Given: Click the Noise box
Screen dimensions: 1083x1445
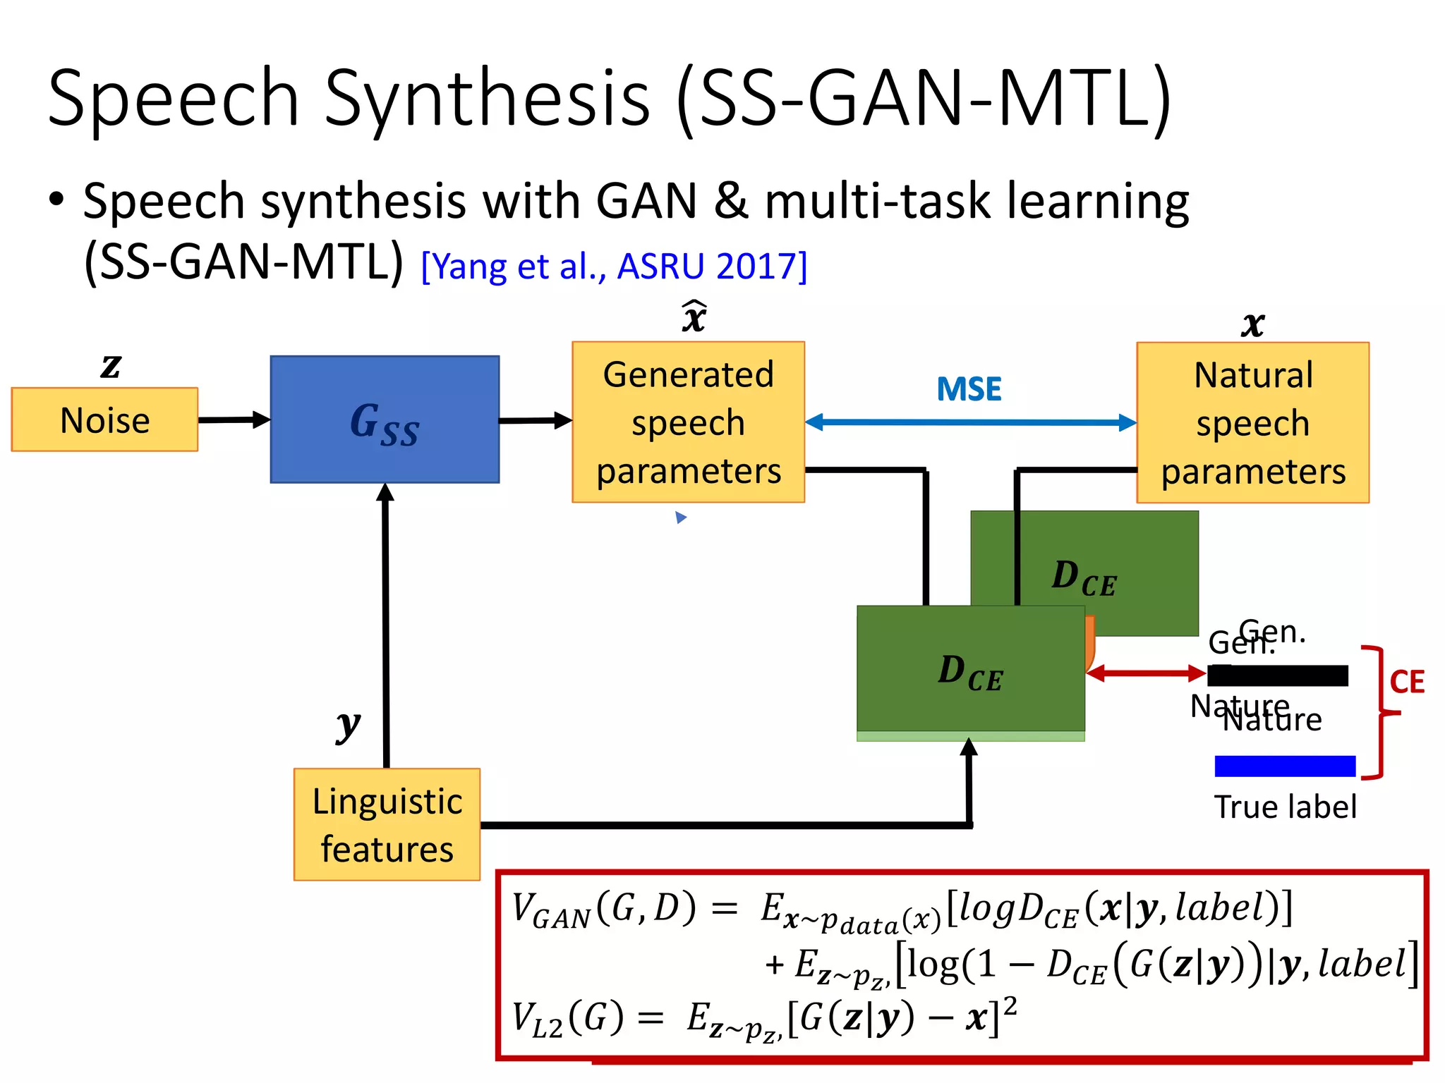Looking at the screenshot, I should click(x=104, y=420).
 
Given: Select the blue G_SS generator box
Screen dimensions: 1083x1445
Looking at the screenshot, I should click(x=385, y=420).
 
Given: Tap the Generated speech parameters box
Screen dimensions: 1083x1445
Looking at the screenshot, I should click(x=688, y=422).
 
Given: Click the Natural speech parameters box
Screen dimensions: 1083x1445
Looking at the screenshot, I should click(x=1252, y=422).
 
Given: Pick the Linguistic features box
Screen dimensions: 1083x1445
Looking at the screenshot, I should click(x=387, y=824).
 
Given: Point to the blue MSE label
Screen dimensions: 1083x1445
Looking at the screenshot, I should click(x=969, y=389).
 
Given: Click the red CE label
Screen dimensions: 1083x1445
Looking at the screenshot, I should click(x=1406, y=682).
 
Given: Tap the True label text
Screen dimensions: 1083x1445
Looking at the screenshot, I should click(x=1285, y=807).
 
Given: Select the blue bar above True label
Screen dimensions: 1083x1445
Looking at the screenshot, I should click(x=1285, y=766).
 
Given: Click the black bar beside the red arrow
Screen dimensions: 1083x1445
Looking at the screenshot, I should click(x=1278, y=675).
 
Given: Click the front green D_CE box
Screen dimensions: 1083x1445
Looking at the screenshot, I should click(x=970, y=670).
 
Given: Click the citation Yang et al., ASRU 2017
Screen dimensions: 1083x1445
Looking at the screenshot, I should click(x=614, y=267).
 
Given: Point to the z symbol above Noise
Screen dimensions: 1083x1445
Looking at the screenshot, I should click(x=111, y=365).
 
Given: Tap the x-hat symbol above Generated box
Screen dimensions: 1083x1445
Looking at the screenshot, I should click(x=694, y=317).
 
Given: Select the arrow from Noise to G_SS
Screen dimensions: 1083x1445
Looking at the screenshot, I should click(x=234, y=420).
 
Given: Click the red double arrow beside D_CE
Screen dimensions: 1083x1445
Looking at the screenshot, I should click(x=1146, y=673).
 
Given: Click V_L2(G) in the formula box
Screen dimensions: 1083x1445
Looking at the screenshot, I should click(x=568, y=1019).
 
